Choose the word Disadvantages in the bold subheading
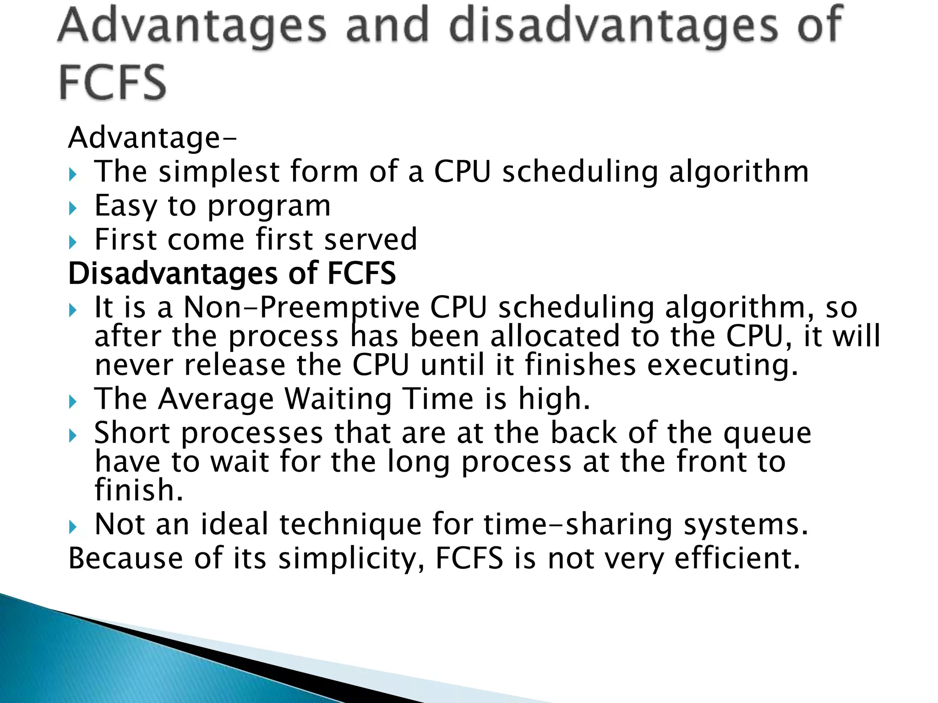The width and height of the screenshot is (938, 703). point(173,274)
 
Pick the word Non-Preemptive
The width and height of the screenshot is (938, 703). point(301,307)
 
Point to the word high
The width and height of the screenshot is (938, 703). point(554,399)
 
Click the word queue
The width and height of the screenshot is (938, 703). point(767,433)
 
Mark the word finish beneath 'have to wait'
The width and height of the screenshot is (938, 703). point(139,490)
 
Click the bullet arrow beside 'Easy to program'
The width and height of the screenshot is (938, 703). point(73,208)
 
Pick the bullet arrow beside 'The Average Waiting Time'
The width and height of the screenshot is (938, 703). point(73,401)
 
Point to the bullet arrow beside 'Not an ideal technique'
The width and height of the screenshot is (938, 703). point(73,527)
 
